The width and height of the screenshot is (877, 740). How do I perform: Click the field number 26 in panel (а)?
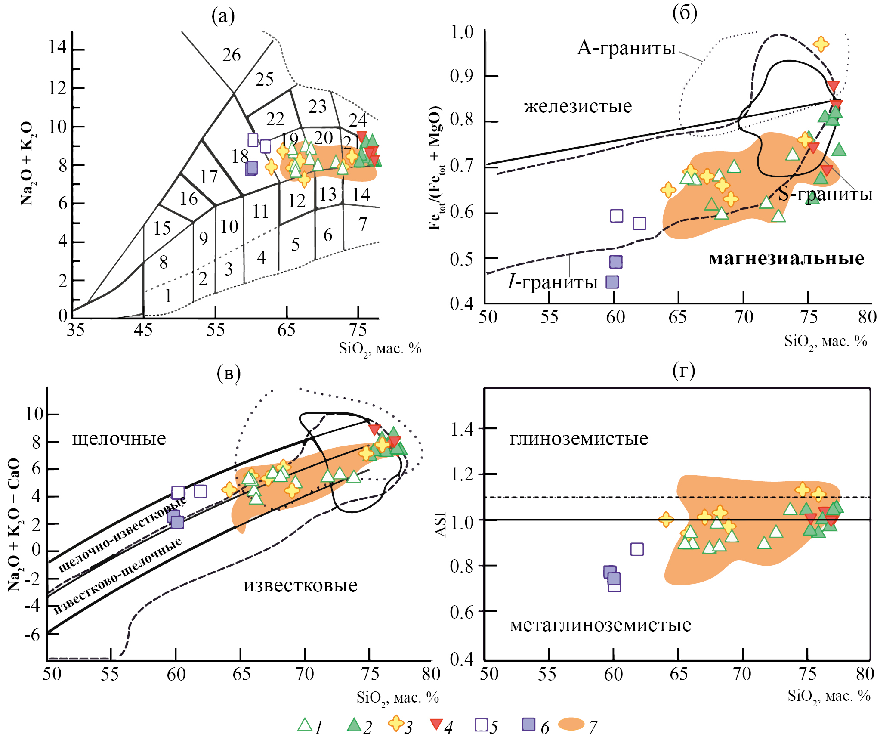231,55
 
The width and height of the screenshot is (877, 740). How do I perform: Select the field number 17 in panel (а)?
209,177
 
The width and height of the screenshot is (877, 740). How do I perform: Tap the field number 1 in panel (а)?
168,296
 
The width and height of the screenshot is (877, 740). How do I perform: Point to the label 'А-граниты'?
626,48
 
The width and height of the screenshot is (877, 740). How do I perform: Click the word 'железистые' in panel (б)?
577,106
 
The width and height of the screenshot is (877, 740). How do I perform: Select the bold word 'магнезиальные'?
786,258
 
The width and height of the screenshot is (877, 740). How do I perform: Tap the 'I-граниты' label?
552,282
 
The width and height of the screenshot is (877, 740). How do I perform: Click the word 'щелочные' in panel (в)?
119,439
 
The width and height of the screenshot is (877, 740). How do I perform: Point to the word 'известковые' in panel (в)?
300,585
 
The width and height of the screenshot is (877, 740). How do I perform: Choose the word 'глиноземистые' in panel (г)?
579,439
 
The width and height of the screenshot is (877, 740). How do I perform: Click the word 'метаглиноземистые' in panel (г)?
600,625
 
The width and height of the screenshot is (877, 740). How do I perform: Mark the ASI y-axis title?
441,525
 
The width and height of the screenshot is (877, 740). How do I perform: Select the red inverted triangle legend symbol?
436,724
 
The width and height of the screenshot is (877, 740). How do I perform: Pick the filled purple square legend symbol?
528,724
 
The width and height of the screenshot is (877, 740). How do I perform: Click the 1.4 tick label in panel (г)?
462,429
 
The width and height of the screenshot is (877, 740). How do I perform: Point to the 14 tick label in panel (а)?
57,46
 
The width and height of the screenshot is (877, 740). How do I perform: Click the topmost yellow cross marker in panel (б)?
821,43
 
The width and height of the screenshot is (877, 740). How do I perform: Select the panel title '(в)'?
229,373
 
